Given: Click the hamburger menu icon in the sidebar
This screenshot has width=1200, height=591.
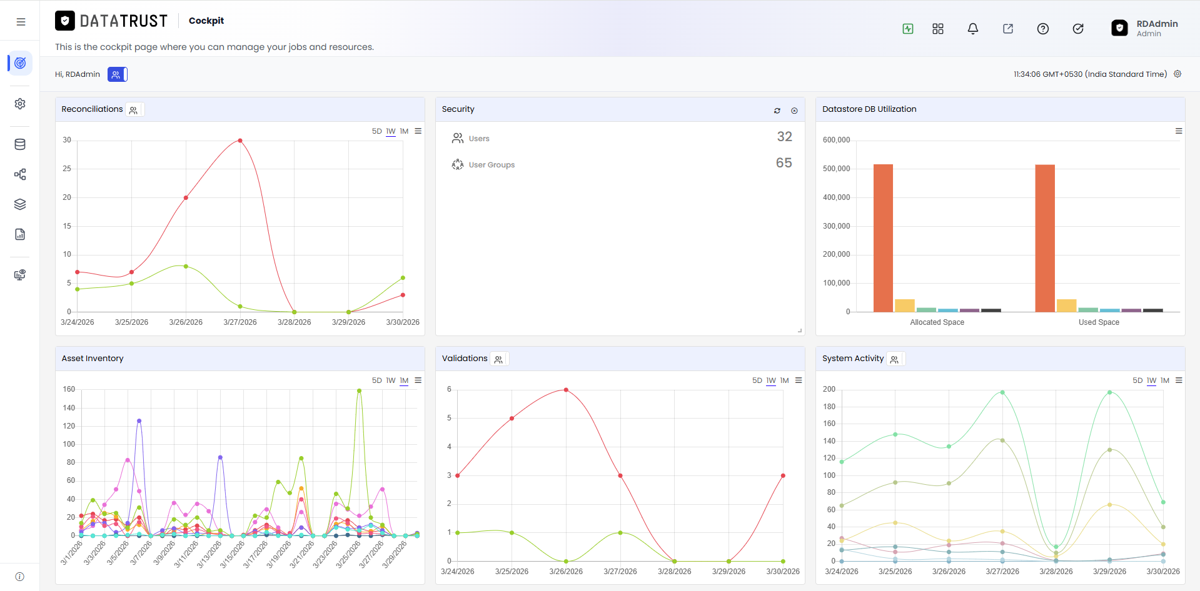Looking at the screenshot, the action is (x=21, y=22).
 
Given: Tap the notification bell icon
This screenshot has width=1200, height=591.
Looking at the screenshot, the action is (x=973, y=29).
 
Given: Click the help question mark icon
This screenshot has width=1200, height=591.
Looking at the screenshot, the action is (x=1043, y=29).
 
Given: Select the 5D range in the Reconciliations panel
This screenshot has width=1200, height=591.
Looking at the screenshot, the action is (x=376, y=131).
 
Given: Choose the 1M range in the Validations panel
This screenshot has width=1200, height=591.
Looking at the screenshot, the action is (x=784, y=380).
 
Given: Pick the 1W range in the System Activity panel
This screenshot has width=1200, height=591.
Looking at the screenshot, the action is (x=1151, y=380).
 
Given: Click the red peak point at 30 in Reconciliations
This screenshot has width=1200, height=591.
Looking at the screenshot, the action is (x=240, y=141).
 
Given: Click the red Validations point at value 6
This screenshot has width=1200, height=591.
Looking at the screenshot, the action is (x=566, y=390).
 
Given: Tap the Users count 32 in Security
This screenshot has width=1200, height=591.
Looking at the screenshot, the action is (x=785, y=137).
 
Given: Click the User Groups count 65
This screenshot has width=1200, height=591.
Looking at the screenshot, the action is (x=784, y=163).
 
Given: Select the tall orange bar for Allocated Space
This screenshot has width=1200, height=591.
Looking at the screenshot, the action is (x=883, y=238).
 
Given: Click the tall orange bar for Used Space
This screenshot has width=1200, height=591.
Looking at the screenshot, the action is (x=1045, y=238).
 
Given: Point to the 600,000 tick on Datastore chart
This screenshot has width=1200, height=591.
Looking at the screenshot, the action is (x=837, y=140).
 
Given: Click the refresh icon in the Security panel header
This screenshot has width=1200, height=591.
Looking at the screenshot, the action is (x=777, y=111).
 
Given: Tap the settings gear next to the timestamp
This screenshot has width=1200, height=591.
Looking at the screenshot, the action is (x=1177, y=74).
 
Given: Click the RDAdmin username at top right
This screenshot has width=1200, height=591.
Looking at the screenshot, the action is (x=1157, y=24).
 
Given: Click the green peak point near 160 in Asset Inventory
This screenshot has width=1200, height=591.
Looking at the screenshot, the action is (x=359, y=391).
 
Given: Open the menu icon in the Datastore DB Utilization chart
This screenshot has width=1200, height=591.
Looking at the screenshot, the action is (x=1179, y=131).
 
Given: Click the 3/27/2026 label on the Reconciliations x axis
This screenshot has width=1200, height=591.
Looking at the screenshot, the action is (x=240, y=322).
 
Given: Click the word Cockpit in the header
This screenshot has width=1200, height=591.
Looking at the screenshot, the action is (x=206, y=21).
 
